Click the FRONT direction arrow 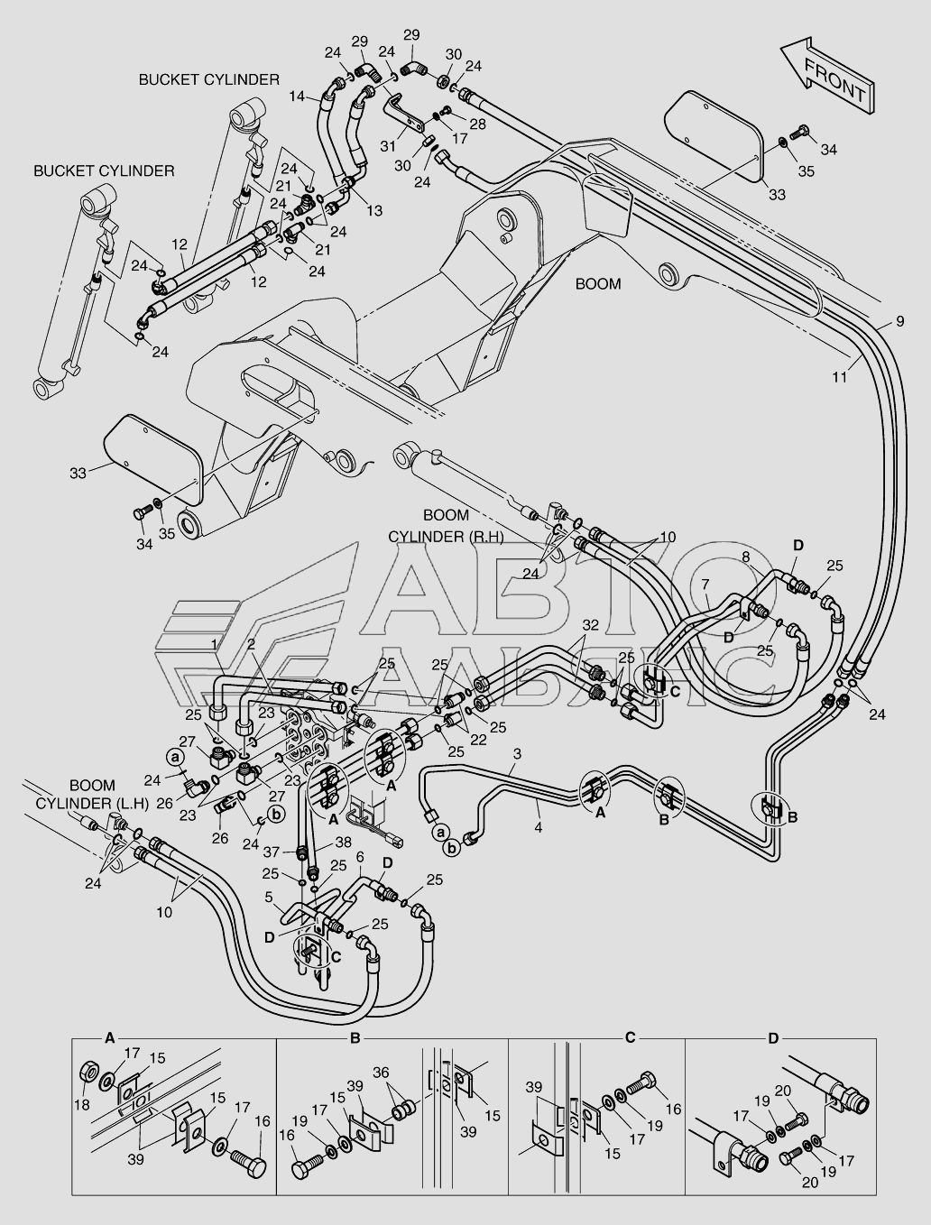coord(826,79)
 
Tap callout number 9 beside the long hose coord(899,321)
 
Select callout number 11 coord(840,377)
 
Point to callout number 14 coord(297,96)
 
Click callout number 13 coord(374,210)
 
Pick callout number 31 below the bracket coord(388,146)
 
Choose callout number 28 coord(478,124)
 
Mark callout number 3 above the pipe coord(517,753)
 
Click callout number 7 coord(705,585)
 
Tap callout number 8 coord(746,557)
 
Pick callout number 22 coord(478,740)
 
